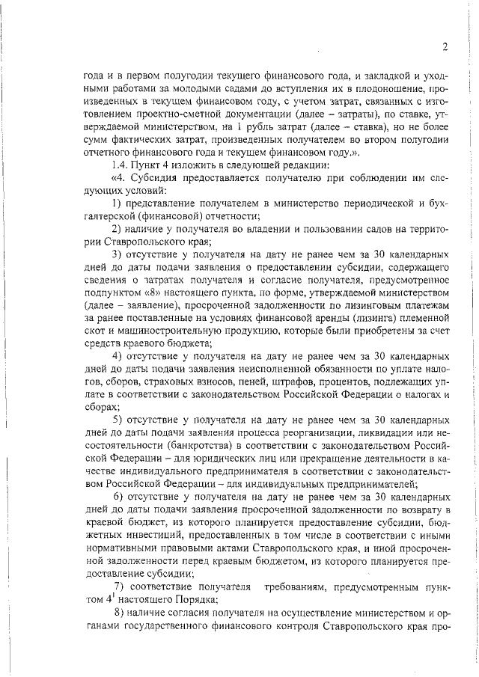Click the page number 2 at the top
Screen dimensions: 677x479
tap(445, 46)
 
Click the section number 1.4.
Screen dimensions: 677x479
tap(119, 164)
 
